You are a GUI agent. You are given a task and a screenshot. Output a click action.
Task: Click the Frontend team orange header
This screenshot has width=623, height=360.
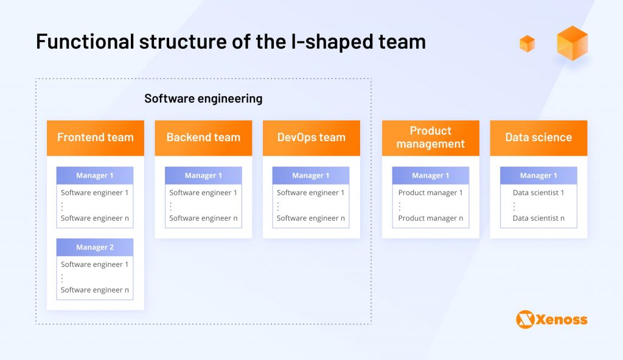[x=95, y=137]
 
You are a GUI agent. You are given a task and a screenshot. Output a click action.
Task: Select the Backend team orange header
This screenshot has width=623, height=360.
[x=203, y=137]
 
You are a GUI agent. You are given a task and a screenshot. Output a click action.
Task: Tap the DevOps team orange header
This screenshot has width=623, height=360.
[x=311, y=137]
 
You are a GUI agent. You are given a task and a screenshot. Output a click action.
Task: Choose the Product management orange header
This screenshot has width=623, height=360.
[x=430, y=137]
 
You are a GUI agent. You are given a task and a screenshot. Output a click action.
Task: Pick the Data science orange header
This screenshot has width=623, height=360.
[x=538, y=137]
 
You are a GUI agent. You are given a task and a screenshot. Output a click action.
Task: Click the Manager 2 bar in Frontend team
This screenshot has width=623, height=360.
[x=95, y=247]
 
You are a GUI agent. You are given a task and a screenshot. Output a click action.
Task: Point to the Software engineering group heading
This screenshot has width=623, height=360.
[x=203, y=98]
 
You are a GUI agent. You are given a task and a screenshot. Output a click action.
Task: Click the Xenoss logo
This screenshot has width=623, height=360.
[x=551, y=319]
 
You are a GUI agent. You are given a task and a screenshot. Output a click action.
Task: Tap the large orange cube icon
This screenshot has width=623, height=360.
[x=572, y=43]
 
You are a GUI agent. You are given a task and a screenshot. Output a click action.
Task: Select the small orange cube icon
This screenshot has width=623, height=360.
[x=527, y=44]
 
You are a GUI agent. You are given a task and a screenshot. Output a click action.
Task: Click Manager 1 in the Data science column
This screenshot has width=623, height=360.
[x=538, y=176]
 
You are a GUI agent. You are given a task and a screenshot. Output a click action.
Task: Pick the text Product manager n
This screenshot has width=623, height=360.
[x=430, y=218]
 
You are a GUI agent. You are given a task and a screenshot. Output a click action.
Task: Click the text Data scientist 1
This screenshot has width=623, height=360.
[x=538, y=193]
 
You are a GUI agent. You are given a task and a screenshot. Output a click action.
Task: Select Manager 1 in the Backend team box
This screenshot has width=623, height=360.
[x=203, y=176]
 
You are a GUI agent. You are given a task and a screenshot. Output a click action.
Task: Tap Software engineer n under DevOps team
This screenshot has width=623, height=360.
[x=311, y=218]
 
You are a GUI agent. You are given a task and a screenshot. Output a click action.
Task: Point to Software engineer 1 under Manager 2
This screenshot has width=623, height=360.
[x=95, y=265]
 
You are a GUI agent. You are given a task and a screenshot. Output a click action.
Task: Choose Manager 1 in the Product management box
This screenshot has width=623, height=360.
[x=430, y=176]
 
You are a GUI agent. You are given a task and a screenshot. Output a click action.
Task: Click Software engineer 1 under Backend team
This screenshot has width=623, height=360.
[x=203, y=193]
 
